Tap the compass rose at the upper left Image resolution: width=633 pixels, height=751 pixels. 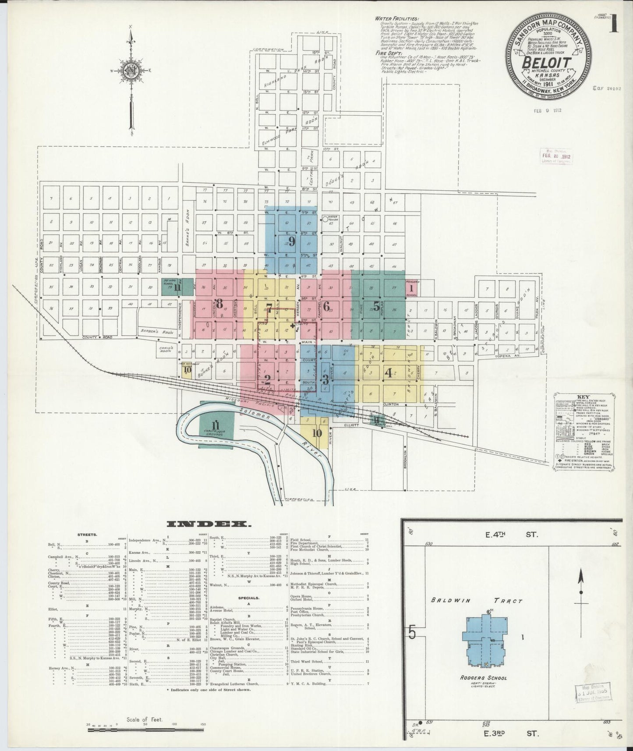click(x=131, y=71)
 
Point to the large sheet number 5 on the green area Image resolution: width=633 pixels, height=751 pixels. click(x=376, y=305)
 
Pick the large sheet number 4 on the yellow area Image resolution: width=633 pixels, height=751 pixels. click(x=388, y=373)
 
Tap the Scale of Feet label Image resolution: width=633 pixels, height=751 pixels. click(x=144, y=719)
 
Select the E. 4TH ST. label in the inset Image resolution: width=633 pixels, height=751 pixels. click(x=510, y=534)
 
